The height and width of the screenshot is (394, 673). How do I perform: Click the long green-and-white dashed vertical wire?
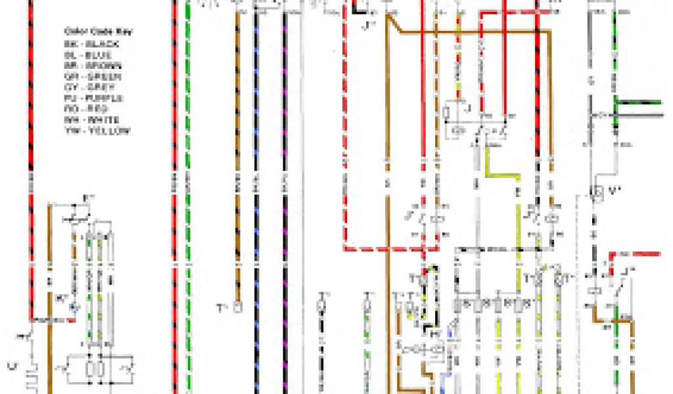189,197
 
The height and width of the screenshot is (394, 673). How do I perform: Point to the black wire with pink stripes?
285,197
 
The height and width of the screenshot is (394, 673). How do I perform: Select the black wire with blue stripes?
256,197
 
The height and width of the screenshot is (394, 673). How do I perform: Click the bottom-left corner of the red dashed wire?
344,248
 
